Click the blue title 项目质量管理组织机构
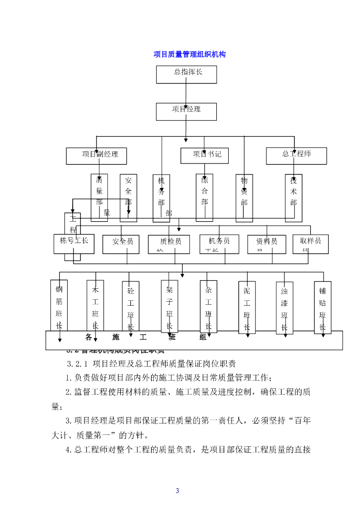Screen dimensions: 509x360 tap(189, 54)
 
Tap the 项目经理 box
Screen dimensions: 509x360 tap(186, 111)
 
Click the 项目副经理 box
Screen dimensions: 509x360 tap(96, 156)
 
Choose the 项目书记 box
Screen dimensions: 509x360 tap(204, 156)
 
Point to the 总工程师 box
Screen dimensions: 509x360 tap(296, 155)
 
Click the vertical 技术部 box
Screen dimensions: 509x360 tap(293, 197)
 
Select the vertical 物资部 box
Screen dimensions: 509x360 tap(244, 197)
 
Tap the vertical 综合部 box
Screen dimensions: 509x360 tap(204, 197)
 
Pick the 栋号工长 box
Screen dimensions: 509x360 tap(74, 244)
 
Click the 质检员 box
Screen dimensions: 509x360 tap(169, 244)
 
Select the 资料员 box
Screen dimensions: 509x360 tap(267, 244)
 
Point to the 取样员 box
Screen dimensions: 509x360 tap(311, 243)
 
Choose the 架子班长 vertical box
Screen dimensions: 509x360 tap(169, 306)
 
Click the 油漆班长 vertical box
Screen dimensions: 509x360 tap(284, 308)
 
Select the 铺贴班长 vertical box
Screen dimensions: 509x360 tap(322, 308)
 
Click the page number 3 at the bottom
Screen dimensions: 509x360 tap(177, 491)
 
